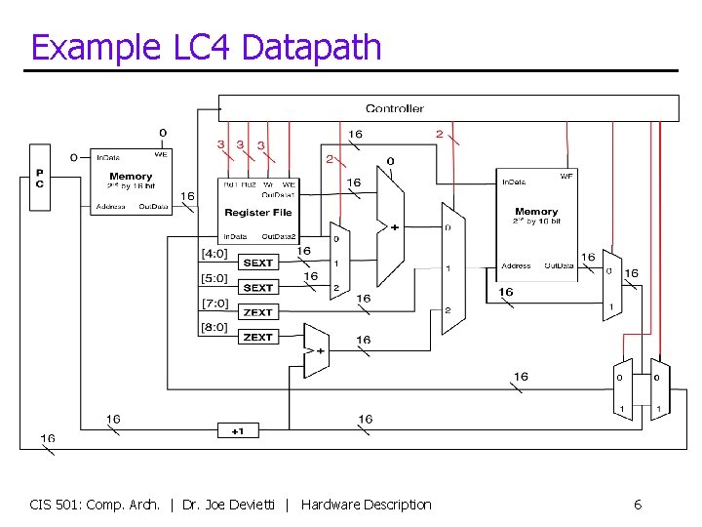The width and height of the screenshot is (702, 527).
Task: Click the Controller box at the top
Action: [x=448, y=108]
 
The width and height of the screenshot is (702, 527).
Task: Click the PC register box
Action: [x=40, y=177]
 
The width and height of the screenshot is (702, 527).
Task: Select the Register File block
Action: [x=258, y=211]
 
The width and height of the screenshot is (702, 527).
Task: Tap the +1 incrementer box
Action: [x=238, y=430]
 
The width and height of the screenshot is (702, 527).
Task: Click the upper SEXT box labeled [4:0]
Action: [x=258, y=263]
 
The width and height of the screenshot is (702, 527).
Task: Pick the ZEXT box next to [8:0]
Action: [x=258, y=337]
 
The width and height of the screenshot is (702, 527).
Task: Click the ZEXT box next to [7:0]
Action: [x=258, y=312]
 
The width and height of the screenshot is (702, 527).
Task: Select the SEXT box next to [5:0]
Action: [x=258, y=287]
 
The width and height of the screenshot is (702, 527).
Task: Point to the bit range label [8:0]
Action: [x=214, y=328]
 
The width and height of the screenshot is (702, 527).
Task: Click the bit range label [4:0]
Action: [x=214, y=254]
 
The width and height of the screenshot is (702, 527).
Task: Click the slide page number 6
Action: [x=638, y=505]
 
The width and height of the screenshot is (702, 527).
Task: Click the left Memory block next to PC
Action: [x=131, y=182]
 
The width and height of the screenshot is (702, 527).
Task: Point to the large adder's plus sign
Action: [x=394, y=227]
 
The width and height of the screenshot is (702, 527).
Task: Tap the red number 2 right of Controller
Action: [x=439, y=134]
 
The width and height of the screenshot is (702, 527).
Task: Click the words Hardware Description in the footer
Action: [x=366, y=505]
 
